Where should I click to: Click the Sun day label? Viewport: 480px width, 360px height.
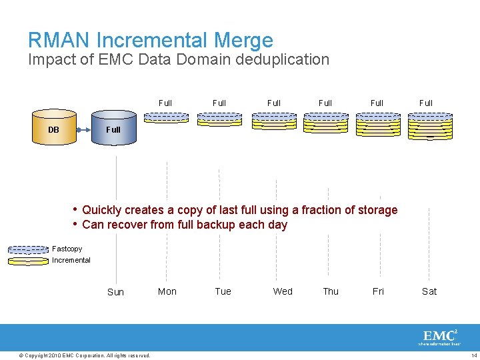click(x=115, y=292)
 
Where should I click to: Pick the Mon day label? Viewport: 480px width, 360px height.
click(x=167, y=291)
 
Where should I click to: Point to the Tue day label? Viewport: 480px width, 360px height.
click(x=223, y=291)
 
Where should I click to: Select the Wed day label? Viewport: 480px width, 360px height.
click(x=283, y=291)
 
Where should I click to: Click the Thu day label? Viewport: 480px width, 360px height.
click(x=331, y=291)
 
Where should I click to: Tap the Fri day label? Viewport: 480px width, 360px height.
click(x=378, y=291)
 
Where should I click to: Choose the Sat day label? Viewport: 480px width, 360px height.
click(x=429, y=291)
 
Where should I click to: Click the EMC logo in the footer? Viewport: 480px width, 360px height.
click(x=439, y=337)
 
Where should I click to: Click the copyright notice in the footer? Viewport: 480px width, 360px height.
click(x=85, y=355)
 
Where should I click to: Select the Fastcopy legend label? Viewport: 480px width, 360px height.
click(x=67, y=249)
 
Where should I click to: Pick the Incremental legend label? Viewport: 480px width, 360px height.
click(x=71, y=260)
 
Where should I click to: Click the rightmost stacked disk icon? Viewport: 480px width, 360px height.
click(x=430, y=125)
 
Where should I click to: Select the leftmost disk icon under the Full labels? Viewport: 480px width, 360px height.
click(x=166, y=117)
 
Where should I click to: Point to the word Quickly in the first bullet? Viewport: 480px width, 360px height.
click(x=101, y=210)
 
